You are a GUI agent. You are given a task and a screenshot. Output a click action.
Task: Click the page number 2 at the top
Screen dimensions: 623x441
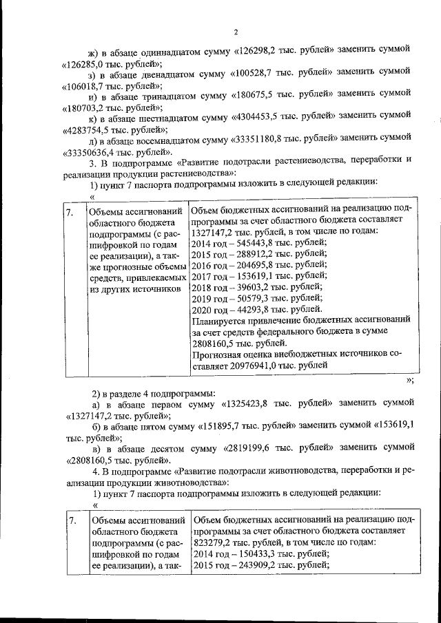point(235,32)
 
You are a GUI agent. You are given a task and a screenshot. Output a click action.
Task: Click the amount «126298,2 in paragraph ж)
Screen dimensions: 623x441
point(259,50)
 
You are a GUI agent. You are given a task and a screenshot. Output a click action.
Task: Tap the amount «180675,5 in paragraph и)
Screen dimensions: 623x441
point(258,96)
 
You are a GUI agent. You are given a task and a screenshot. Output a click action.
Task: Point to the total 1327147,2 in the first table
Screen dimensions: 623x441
point(214,231)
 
